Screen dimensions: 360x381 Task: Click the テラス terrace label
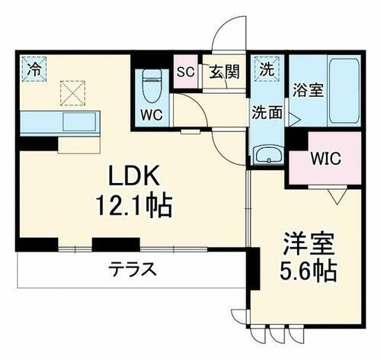tap(131, 268)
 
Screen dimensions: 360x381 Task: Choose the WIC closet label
tap(325, 160)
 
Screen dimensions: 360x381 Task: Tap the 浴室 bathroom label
tap(309, 88)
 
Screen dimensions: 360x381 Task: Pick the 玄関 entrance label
tap(225, 73)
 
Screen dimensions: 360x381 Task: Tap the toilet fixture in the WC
tap(150, 85)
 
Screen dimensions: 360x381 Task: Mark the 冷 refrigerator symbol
tap(34, 68)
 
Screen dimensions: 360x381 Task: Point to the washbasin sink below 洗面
tap(267, 156)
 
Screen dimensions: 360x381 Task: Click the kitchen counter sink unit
tap(59, 122)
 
